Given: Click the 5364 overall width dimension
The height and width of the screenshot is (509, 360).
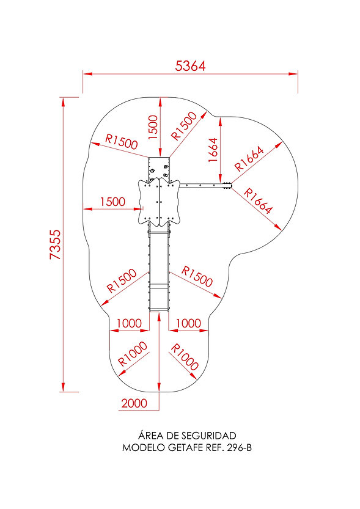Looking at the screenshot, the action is tap(190, 66).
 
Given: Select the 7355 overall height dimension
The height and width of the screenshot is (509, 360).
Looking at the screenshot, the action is tap(55, 244).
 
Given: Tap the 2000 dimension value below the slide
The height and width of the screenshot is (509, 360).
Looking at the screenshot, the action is tap(134, 403).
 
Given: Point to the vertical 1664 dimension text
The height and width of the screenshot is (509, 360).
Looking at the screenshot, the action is tap(213, 150).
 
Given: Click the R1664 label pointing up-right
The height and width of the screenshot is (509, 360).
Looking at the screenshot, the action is tap(249, 159).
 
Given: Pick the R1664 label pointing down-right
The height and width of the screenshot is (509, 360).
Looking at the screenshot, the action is tap(258, 201).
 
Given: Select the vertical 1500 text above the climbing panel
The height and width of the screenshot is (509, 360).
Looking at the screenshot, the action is tap(153, 127).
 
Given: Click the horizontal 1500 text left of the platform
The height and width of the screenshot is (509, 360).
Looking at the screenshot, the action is tap(112, 202).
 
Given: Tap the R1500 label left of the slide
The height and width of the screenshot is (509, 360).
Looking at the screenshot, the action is tap(122, 280).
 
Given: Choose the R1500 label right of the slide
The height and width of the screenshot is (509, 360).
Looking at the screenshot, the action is tap(197, 276).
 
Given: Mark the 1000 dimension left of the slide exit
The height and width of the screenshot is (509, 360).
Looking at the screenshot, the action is tap(129, 323).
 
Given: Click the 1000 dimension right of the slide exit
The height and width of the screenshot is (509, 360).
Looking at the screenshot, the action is tap(188, 323).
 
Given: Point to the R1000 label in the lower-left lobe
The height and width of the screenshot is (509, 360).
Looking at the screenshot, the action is tap(133, 354).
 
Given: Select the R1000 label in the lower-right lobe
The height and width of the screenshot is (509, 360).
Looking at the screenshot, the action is tap(185, 357).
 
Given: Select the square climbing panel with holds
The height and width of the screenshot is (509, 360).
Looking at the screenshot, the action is tap(159, 168).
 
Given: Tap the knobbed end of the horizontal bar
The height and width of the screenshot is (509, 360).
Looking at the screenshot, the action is tap(227, 185).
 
